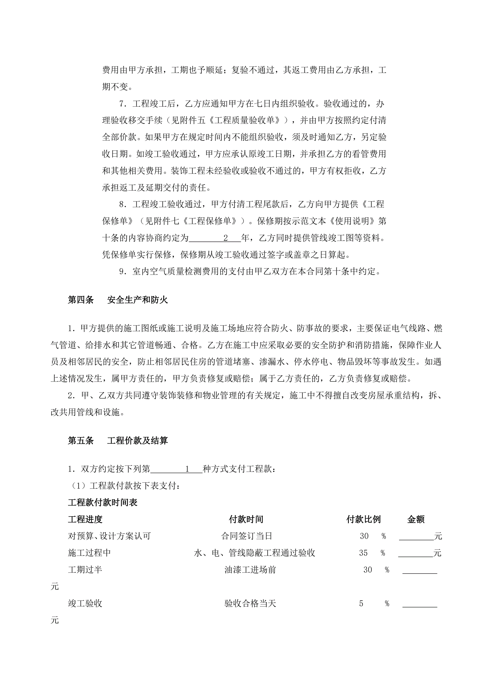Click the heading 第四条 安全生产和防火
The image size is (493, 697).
[118, 300]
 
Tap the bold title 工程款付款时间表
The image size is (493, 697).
[103, 503]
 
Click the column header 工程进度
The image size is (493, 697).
[85, 519]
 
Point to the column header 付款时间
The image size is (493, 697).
[246, 519]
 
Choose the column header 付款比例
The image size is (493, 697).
[363, 519]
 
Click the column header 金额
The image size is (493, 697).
[416, 519]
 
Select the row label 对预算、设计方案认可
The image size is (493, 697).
[109, 536]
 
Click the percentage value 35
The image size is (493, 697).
[363, 553]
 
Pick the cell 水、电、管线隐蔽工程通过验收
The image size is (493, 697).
[254, 553]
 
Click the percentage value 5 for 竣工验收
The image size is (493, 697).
[361, 604]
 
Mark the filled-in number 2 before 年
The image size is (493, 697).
[226, 238]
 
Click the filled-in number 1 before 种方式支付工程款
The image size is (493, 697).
[187, 469]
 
